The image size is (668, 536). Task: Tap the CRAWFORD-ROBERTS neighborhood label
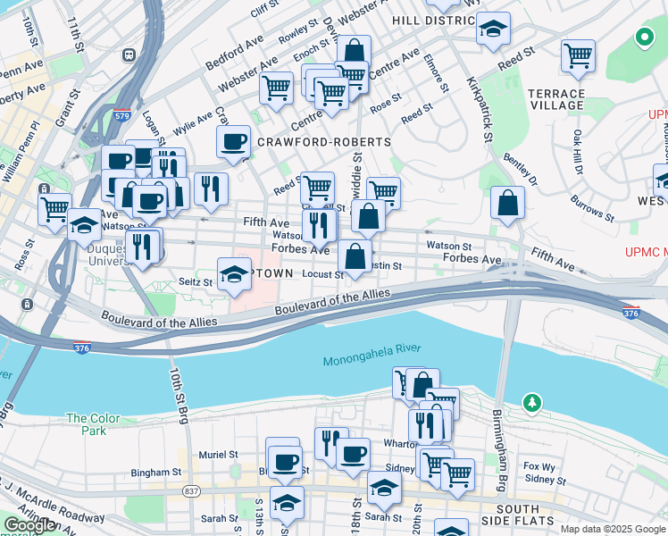[324, 142]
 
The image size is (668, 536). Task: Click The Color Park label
[92, 424]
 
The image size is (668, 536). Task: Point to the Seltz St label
[196, 282]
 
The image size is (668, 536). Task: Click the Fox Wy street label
[539, 465]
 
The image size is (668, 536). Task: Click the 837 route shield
[192, 490]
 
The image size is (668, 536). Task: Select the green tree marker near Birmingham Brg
[533, 403]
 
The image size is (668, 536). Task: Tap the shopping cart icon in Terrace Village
[578, 55]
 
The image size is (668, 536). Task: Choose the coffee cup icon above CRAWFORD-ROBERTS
[233, 141]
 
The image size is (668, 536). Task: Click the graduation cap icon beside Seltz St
[234, 274]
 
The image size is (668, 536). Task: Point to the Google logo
[29, 525]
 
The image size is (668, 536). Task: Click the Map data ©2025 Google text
[612, 529]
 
